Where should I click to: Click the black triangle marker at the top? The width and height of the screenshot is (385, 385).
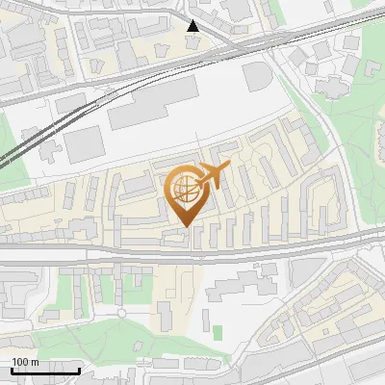(194, 26)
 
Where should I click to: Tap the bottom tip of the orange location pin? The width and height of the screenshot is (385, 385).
(183, 225)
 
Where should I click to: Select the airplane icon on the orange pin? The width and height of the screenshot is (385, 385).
(213, 176)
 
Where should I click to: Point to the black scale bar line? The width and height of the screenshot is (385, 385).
(45, 371)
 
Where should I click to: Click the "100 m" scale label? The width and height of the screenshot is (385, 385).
(25, 362)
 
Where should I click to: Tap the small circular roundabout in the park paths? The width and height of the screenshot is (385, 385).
(122, 312)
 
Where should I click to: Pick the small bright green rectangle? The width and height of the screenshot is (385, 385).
(218, 332)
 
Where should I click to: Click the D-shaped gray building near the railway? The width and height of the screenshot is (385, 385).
(258, 76)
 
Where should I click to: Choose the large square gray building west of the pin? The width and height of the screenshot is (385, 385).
(84, 144)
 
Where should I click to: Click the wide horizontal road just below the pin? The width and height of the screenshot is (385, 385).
(192, 247)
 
